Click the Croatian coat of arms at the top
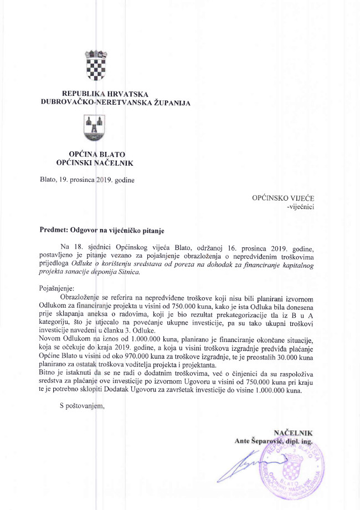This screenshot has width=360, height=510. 94,65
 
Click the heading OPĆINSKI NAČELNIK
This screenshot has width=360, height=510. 94,163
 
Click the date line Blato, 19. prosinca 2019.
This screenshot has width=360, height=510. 87,180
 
